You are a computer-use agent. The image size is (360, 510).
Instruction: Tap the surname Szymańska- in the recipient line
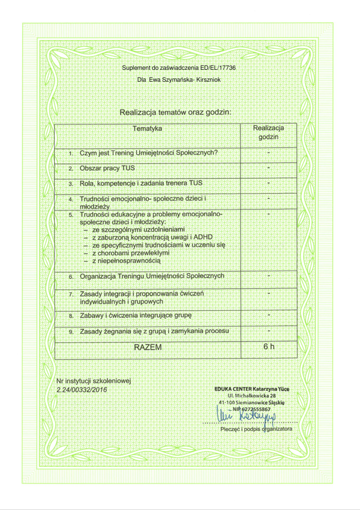176,80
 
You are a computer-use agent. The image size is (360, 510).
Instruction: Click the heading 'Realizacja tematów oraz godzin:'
175,112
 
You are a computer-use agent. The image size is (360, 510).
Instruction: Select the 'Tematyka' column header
148,129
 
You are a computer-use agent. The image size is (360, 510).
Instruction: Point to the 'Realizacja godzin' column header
269,133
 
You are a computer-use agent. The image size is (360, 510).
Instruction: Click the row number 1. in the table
71,154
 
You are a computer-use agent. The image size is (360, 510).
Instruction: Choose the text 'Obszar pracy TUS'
107,168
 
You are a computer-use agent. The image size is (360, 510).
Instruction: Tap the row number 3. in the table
71,184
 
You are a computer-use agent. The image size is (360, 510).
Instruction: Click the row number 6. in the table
71,277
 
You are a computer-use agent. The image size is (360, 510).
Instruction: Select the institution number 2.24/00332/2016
81,390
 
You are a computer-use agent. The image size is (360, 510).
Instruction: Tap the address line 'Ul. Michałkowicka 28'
252,395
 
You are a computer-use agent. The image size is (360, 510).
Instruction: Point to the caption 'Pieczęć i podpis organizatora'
256,429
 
